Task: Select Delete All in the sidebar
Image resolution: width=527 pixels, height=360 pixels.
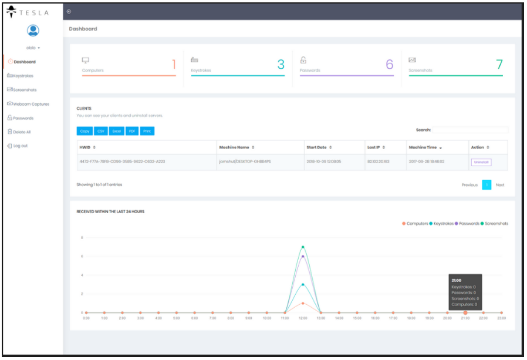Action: [21, 132]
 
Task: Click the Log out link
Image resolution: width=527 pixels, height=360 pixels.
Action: [19, 146]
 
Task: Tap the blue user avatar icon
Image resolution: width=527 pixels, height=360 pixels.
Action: [33, 31]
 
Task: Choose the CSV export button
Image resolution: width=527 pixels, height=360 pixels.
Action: [100, 131]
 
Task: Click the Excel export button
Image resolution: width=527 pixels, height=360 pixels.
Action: [116, 131]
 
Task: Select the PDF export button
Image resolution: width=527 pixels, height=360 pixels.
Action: [132, 131]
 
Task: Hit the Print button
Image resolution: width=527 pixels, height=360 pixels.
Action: [147, 131]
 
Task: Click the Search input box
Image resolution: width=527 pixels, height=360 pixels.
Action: [470, 130]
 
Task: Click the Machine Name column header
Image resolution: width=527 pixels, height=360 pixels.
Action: [236, 147]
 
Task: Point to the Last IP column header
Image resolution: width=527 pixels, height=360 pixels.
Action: [376, 147]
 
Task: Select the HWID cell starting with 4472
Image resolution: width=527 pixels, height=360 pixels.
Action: [122, 162]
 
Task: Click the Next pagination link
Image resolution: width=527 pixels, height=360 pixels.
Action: [499, 185]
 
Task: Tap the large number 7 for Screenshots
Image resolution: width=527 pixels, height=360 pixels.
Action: [499, 65]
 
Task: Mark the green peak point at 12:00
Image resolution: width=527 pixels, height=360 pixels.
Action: [303, 247]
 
